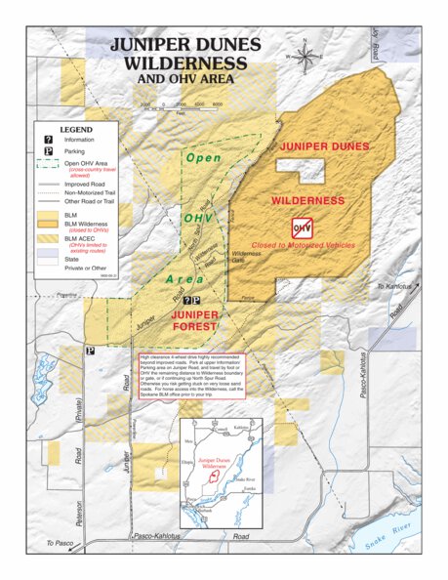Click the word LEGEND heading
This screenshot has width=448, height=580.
point(75,129)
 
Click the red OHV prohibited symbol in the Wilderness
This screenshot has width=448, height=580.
point(302,228)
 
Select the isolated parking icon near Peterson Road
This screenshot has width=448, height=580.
point(90,351)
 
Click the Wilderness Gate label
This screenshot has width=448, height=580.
point(245,255)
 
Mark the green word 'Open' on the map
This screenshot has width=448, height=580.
point(204,157)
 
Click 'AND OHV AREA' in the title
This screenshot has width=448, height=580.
point(184,77)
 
